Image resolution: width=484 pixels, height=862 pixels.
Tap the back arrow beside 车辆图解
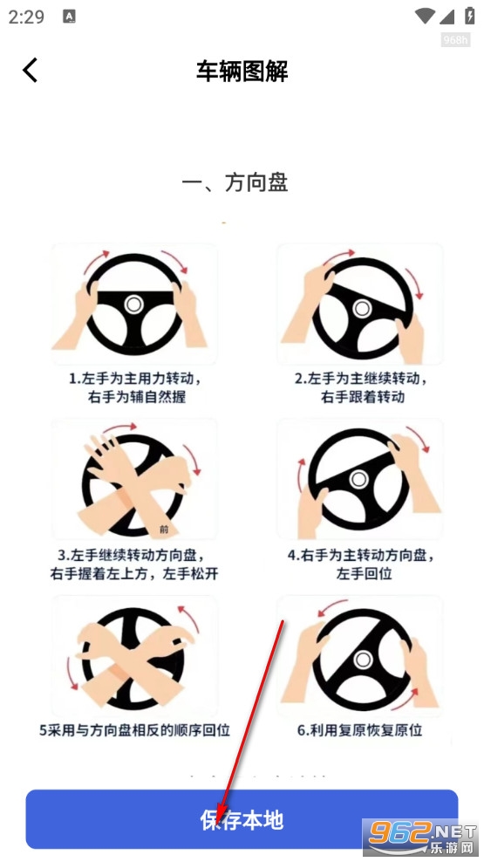click(31, 71)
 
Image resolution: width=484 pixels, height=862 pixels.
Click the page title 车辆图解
click(242, 71)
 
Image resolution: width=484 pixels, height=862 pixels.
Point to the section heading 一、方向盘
click(235, 183)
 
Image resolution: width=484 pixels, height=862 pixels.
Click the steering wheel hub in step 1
click(133, 304)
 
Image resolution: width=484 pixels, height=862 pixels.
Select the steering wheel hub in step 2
click(362, 308)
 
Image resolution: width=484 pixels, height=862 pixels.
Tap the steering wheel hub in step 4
click(358, 479)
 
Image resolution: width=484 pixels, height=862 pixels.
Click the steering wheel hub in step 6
click(363, 659)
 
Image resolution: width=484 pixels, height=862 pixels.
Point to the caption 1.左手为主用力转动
click(134, 379)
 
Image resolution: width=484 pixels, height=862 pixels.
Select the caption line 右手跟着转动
click(363, 396)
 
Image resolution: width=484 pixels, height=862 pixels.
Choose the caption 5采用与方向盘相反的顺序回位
click(134, 730)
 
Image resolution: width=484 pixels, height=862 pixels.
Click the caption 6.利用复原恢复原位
click(360, 730)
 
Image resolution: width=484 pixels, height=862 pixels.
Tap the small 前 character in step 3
click(164, 530)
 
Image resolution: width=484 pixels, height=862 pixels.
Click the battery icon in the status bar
click(470, 16)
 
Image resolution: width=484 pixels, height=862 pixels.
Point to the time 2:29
click(26, 17)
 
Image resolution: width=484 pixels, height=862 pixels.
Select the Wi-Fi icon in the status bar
click(426, 16)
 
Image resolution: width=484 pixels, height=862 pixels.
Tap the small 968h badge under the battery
click(455, 40)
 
